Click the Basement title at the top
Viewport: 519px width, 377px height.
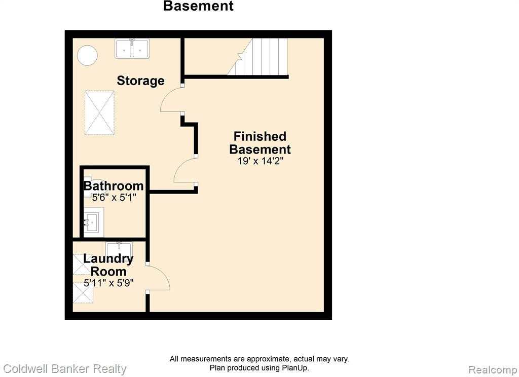pos(199,6)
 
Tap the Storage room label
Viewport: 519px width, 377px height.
pos(141,81)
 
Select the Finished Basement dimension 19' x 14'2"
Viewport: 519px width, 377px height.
pos(261,161)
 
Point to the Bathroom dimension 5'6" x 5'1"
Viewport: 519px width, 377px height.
pos(114,198)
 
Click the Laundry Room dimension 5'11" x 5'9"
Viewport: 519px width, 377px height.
pos(108,283)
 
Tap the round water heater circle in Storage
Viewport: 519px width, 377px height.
pos(87,55)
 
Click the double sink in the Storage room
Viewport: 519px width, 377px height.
pos(132,49)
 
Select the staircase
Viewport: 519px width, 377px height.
pos(257,57)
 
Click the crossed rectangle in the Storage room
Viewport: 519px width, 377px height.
pos(99,113)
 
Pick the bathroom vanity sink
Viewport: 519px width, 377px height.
pos(94,222)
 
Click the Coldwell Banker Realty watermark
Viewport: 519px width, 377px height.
pos(65,369)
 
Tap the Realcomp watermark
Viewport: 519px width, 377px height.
pos(493,369)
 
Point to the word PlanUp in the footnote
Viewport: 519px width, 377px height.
pos(295,368)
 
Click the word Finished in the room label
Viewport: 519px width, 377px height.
pos(260,136)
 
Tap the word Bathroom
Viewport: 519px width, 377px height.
pos(114,185)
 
